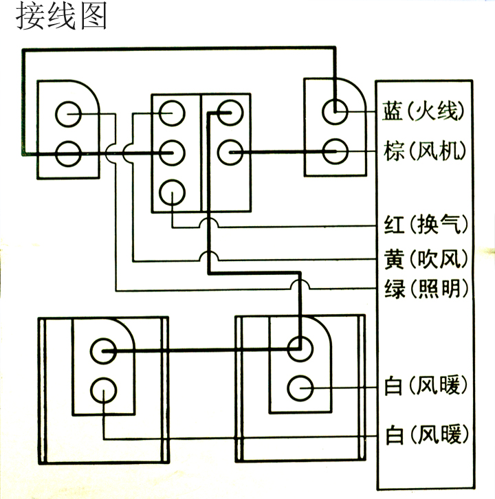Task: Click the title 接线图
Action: point(60,16)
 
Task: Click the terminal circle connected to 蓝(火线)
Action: point(336,109)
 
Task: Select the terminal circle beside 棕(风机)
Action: point(336,149)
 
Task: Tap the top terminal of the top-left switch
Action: point(68,114)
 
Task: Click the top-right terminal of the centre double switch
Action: point(227,112)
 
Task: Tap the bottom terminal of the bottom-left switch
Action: point(103,389)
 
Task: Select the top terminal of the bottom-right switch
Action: point(300,347)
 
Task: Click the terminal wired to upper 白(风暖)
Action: point(300,388)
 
